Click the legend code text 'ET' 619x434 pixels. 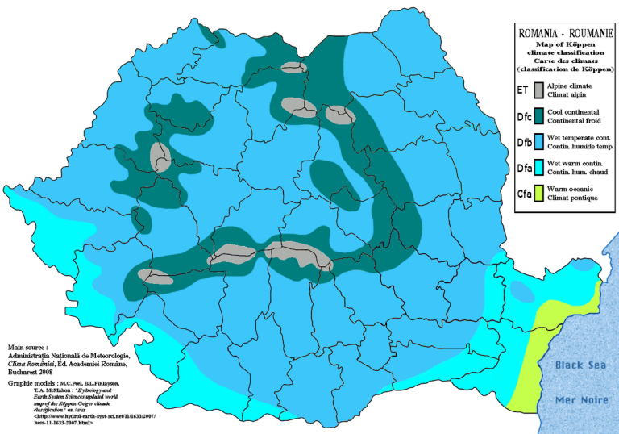(x=523, y=90)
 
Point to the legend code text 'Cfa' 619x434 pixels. (x=523, y=194)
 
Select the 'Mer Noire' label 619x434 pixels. (x=580, y=399)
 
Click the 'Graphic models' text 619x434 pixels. (x=30, y=383)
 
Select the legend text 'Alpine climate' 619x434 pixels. (x=569, y=86)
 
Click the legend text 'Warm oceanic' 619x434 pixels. (x=570, y=189)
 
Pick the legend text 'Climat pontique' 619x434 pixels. (x=572, y=198)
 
